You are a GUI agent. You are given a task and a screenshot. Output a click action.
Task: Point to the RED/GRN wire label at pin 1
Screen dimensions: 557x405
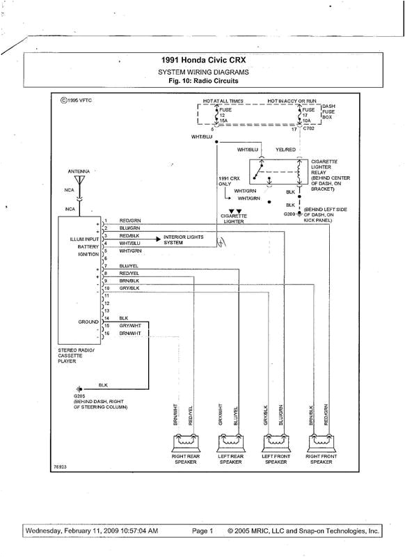coord(129,220)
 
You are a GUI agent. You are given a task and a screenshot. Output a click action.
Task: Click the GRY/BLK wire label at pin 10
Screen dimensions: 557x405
coord(129,288)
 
